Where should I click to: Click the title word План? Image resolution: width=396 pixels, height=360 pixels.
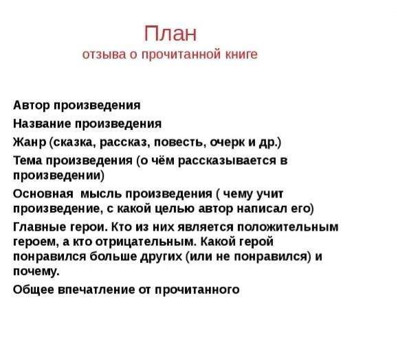point(170,33)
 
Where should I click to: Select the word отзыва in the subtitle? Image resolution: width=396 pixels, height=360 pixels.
point(104,55)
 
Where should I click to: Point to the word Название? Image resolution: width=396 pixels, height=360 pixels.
point(42,124)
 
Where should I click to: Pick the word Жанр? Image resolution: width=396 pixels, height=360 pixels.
point(30,142)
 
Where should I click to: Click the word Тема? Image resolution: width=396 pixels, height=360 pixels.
point(27,160)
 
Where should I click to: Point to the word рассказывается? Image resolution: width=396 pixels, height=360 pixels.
point(227,161)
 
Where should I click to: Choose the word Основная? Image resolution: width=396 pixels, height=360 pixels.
point(43,194)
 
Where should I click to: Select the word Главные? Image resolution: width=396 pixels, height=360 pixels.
point(39,227)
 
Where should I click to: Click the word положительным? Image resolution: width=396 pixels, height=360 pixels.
point(287,228)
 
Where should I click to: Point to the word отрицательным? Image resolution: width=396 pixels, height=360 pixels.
point(146,242)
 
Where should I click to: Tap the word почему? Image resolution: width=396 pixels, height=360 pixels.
point(36,272)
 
